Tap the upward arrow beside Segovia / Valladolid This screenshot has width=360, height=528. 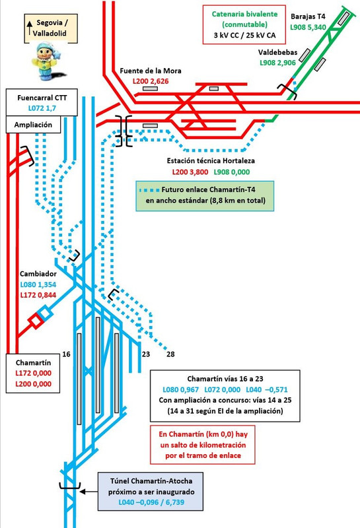point(30,28)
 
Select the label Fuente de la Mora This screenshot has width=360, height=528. point(151,71)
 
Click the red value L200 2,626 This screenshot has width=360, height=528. point(151,81)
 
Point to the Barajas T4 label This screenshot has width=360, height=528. point(308,16)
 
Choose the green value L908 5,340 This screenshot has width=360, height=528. point(308,27)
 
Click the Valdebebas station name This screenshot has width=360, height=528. point(277,52)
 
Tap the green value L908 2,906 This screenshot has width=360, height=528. point(277,63)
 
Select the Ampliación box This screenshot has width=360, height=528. point(34,125)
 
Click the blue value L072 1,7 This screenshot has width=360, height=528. point(42,108)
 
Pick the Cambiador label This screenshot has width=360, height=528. point(38,274)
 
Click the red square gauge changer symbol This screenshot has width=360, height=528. point(36,321)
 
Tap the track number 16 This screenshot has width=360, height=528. point(67,354)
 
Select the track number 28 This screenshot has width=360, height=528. point(170,354)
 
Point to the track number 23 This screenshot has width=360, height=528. point(145,354)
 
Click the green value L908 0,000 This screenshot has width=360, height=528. point(232,172)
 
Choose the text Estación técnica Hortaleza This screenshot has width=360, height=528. point(211,160)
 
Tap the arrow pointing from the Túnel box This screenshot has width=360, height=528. point(89,492)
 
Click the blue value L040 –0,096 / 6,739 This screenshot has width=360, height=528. point(151,502)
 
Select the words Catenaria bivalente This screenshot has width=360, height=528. point(244,14)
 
